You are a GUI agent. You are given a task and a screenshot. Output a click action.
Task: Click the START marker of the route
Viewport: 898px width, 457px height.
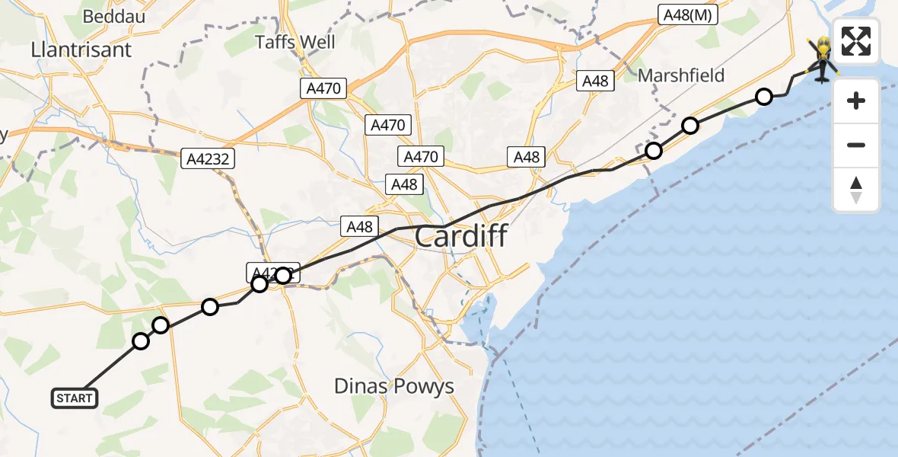coord(75,398)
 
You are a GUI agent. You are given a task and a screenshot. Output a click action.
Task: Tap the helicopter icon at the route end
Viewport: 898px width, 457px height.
coord(822,61)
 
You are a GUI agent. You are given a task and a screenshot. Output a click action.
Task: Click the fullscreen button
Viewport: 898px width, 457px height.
coord(856,41)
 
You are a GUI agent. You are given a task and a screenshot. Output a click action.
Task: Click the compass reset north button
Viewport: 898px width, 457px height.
coord(856,190)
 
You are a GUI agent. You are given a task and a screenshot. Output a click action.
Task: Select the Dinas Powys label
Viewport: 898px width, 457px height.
coord(394,386)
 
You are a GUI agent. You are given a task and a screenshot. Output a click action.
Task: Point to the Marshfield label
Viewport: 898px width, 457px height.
coord(681,75)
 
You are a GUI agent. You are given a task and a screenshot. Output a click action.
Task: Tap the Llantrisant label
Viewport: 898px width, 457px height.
coord(81,50)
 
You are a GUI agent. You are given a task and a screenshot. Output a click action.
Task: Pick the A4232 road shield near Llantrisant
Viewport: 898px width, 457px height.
coord(208,159)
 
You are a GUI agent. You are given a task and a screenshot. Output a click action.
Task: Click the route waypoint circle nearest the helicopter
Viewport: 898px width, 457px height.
coord(764,96)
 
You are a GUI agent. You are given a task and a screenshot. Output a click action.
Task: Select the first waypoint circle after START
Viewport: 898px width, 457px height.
coord(141,340)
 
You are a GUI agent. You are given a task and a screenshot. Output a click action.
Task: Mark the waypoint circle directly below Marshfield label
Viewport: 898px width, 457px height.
coord(689,126)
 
